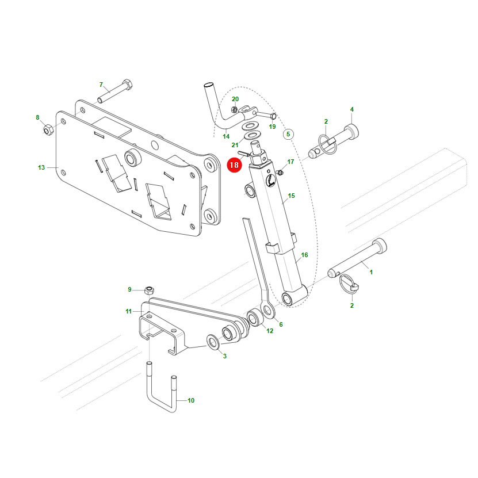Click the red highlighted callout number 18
click(x=234, y=165)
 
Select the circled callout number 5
click(x=288, y=134)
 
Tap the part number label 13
click(x=41, y=167)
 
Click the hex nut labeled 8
click(x=48, y=130)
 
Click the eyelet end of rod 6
click(x=267, y=310)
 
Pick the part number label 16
click(x=304, y=255)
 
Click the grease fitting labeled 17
click(x=280, y=173)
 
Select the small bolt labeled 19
click(x=266, y=115)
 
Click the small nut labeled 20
click(x=235, y=109)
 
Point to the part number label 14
click(x=226, y=136)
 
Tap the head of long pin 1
click(x=380, y=246)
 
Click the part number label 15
click(x=291, y=196)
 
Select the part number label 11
click(x=128, y=311)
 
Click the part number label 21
click(x=235, y=145)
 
